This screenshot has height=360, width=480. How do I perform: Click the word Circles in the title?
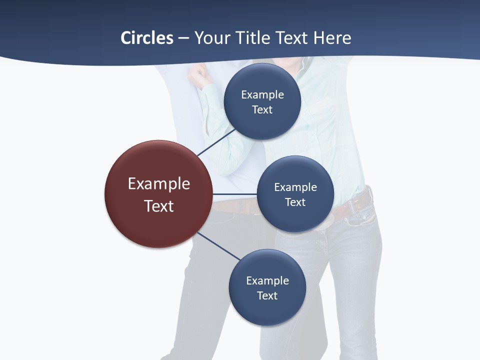[147, 38]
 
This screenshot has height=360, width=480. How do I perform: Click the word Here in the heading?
[332, 38]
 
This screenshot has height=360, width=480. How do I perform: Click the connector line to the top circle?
[216, 142]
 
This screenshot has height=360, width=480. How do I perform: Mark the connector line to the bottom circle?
[219, 246]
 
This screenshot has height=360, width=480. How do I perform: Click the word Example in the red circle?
[159, 184]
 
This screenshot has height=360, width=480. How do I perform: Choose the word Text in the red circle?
[159, 206]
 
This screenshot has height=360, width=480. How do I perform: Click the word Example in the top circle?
[262, 94]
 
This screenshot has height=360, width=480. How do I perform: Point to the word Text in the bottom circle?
[267, 295]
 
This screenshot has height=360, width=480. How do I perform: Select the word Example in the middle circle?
[295, 187]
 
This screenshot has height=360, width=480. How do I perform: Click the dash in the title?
[183, 38]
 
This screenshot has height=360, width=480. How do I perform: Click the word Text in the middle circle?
[295, 202]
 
